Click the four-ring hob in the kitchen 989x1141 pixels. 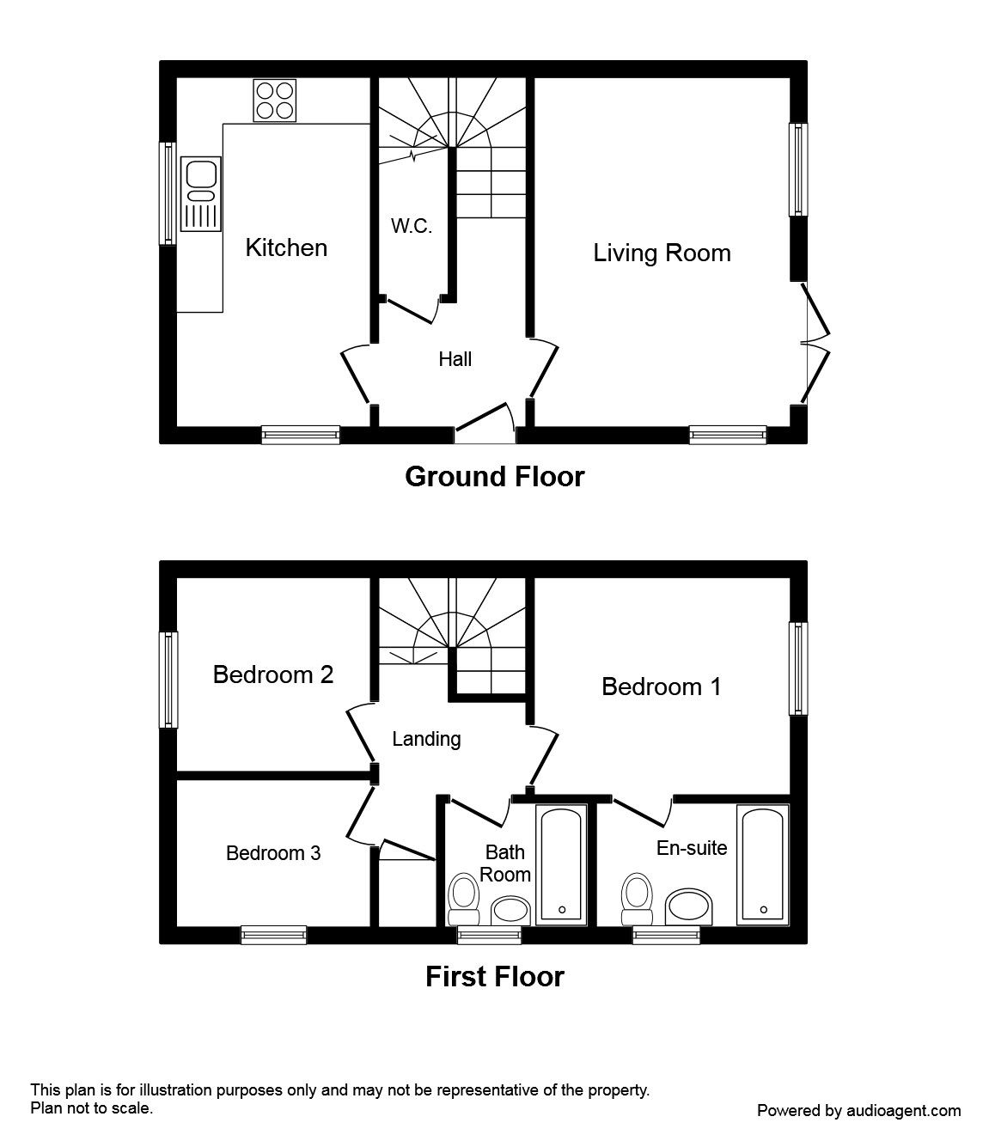(x=274, y=101)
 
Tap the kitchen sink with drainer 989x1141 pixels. (x=200, y=194)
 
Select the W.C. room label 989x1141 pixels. (x=412, y=226)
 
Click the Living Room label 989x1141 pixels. (x=662, y=253)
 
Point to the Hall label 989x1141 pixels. (x=455, y=359)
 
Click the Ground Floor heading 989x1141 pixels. (x=495, y=477)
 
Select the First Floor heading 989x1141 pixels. (x=495, y=977)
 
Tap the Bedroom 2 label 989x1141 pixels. (x=273, y=674)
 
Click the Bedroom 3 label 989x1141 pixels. (x=273, y=853)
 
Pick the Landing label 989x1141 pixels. (x=426, y=739)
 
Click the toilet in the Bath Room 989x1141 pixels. (x=463, y=900)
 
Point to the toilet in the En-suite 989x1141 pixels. (x=637, y=900)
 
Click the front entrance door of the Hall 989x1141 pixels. (x=481, y=418)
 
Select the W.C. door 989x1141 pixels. (x=409, y=311)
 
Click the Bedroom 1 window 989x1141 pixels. (x=798, y=668)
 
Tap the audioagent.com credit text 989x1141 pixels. (x=858, y=1111)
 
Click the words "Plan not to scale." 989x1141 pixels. (x=92, y=1108)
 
